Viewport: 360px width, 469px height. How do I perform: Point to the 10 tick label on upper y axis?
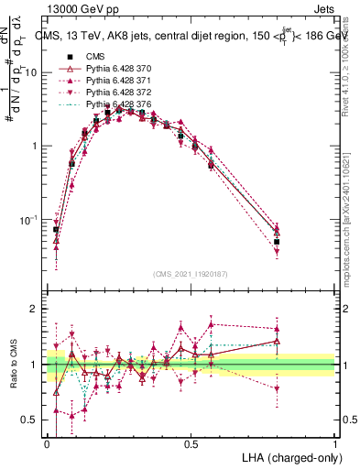coord(30,71)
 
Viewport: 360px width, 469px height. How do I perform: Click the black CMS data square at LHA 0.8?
coord(277,242)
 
